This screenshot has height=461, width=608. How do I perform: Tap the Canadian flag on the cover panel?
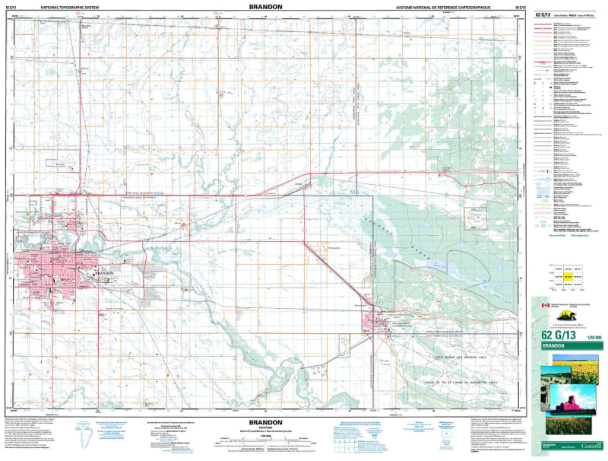[543, 306]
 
